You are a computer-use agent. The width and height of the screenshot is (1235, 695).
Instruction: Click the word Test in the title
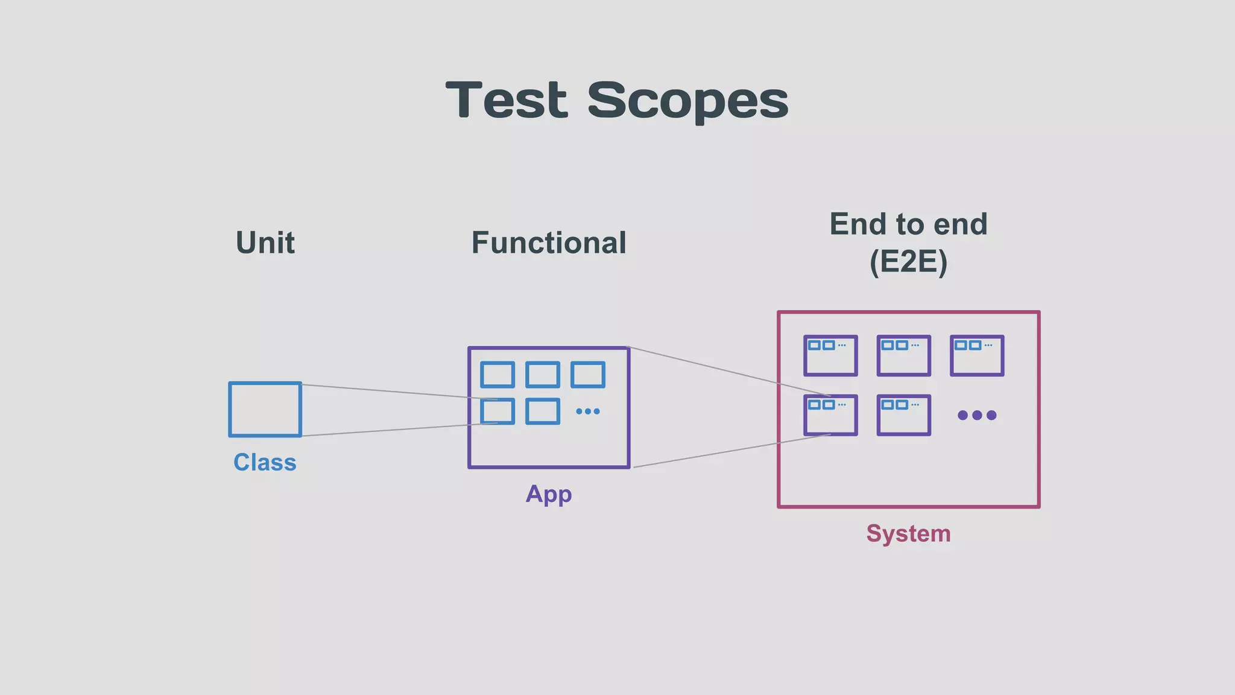[x=507, y=100]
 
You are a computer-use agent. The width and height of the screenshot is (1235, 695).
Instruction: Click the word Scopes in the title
[x=687, y=101]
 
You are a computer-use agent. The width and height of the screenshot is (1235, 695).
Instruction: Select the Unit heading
[x=265, y=243]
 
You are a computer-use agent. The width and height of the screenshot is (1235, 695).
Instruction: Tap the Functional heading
[x=548, y=243]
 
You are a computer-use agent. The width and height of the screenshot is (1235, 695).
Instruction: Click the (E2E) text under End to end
[x=908, y=262]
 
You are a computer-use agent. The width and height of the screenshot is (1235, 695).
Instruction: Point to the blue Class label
[x=265, y=462]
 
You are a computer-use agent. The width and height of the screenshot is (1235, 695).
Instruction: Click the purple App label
[x=548, y=493]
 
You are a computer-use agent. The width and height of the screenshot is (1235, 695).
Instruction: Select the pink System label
[x=908, y=533]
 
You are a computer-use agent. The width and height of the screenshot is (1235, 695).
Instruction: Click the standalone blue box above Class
[x=265, y=409]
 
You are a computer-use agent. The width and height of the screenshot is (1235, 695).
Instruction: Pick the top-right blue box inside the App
[x=587, y=375]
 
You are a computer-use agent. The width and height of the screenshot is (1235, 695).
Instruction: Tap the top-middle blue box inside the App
[x=542, y=375]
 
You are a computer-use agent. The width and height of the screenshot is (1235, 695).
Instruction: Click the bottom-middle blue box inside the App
[x=542, y=411]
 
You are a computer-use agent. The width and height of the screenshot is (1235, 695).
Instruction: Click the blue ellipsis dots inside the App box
[x=587, y=411]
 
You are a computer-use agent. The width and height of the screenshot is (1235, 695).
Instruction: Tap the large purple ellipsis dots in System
[x=977, y=415]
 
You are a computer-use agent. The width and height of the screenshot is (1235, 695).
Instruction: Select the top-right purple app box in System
[x=977, y=356]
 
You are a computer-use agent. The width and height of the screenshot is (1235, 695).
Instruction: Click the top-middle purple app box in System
[x=903, y=356]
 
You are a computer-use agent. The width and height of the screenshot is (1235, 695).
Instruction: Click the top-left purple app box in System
[x=830, y=356]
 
